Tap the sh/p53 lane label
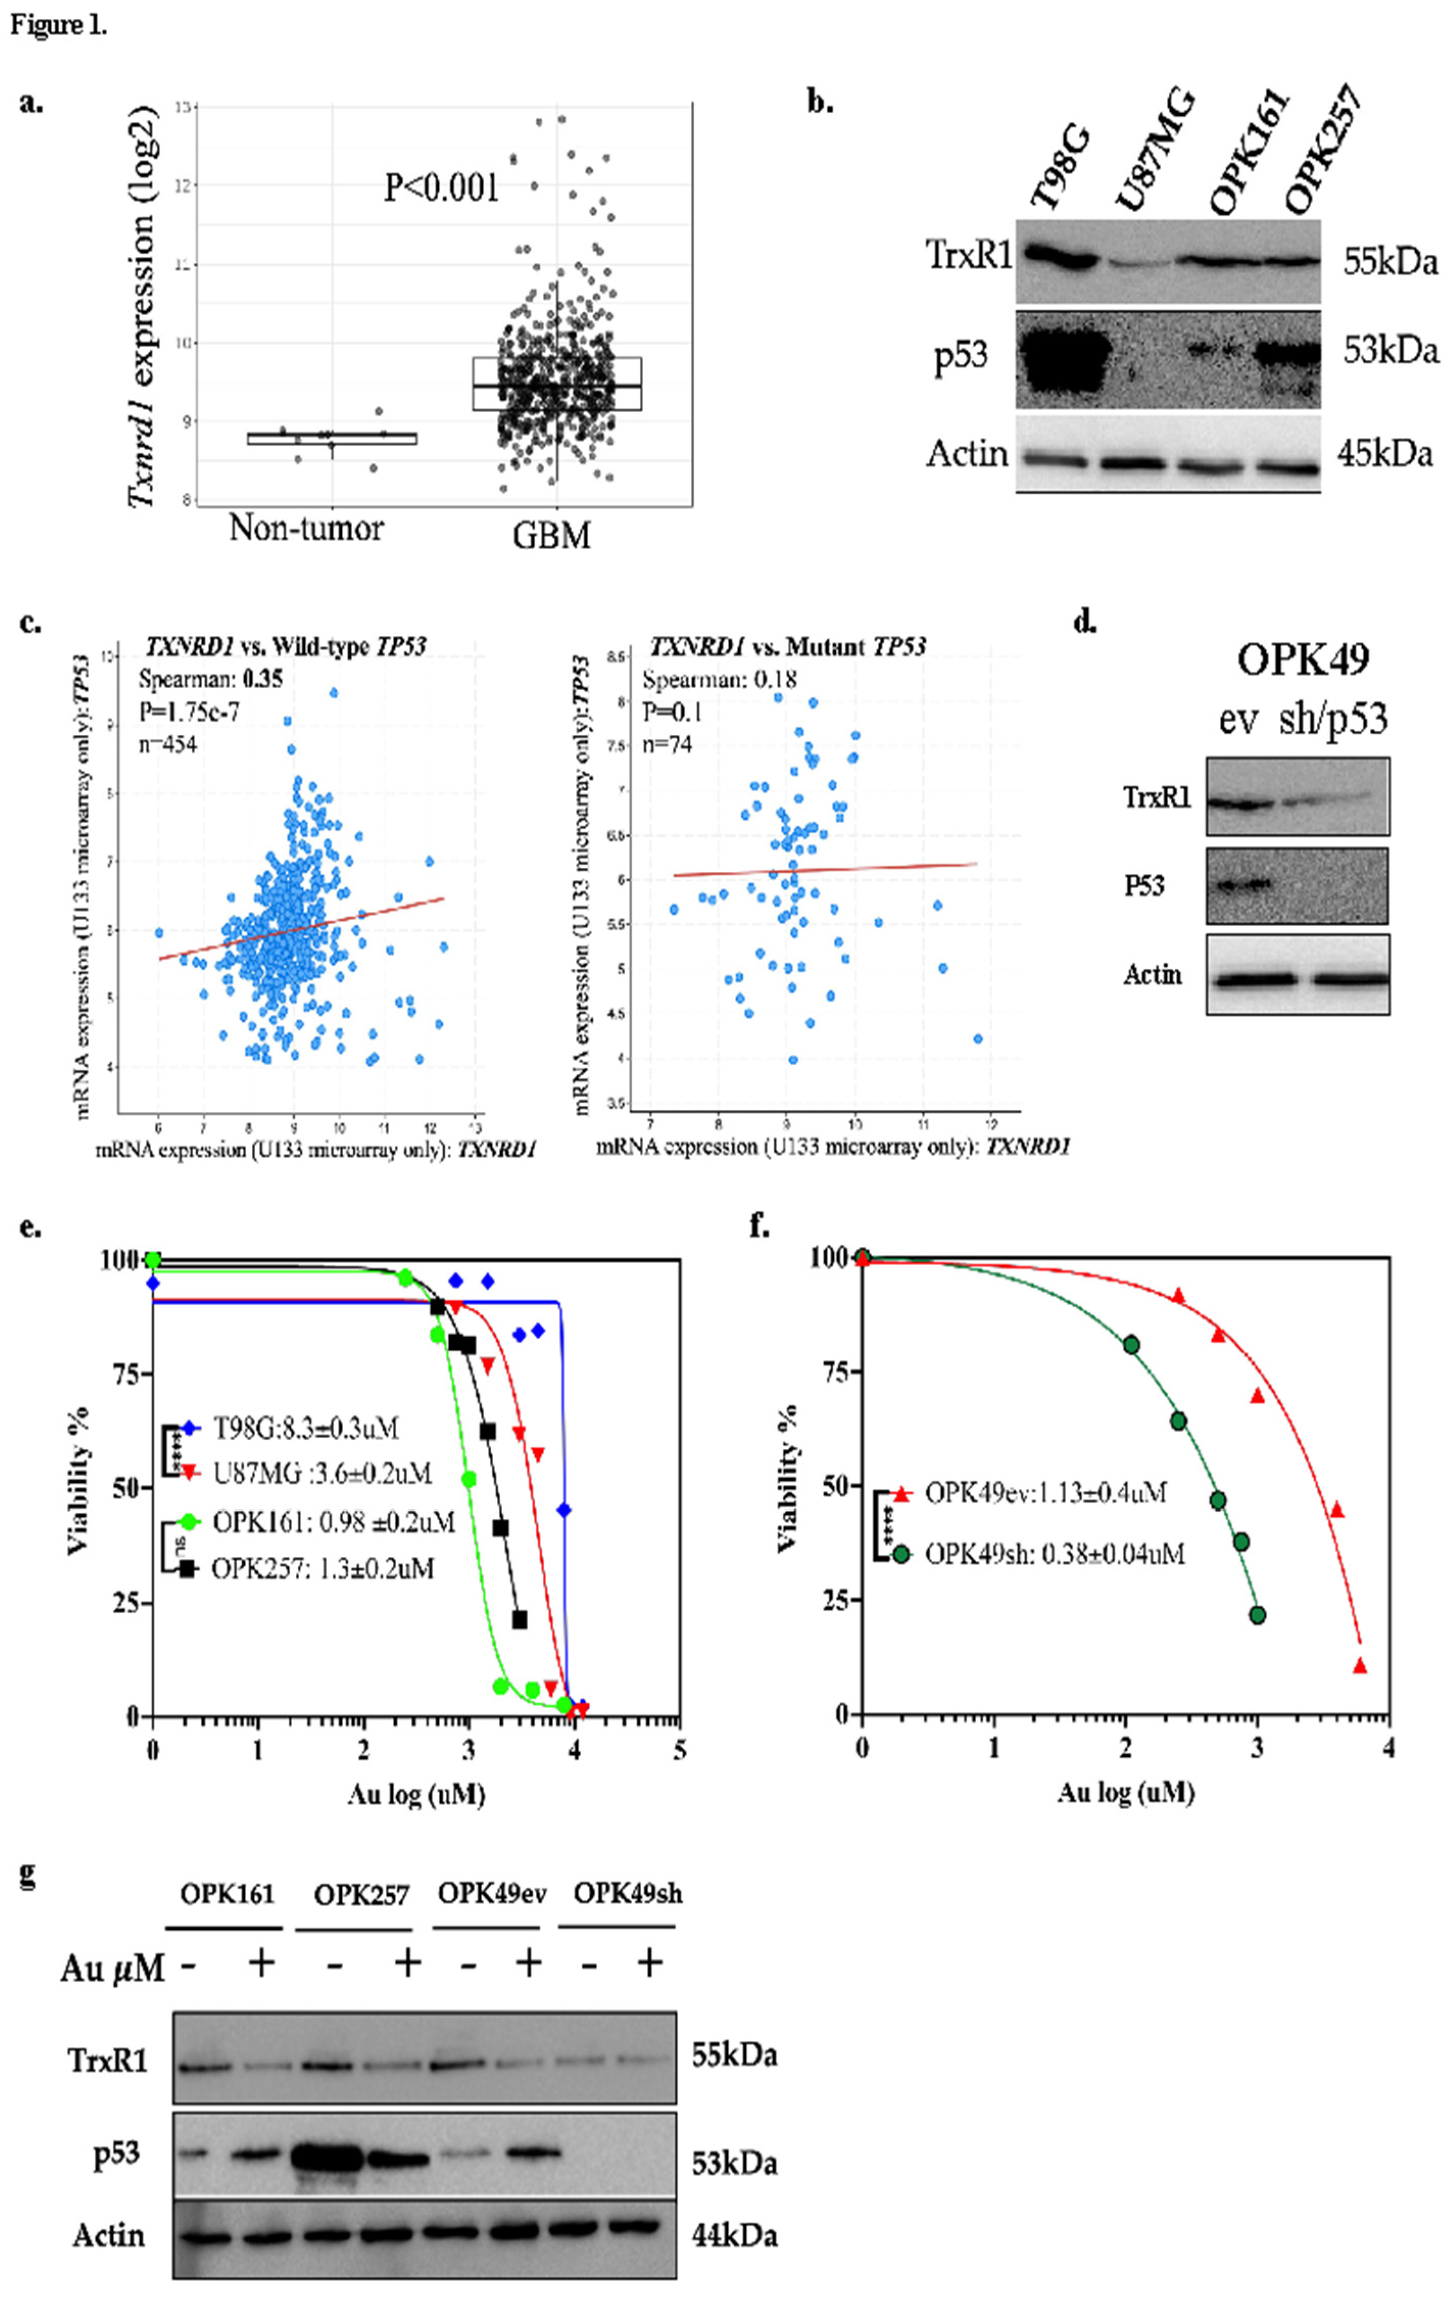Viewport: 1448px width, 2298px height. click(1333, 718)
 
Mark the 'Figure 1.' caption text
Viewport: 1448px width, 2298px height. click(59, 25)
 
